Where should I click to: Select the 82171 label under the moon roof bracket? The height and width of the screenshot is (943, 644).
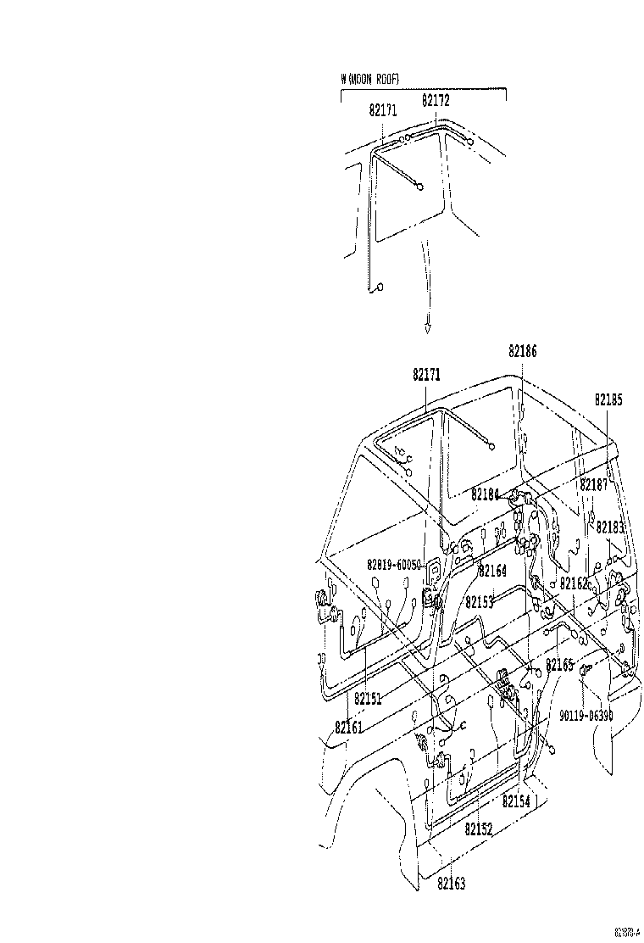[383, 110]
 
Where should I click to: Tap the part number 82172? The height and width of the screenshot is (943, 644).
[436, 100]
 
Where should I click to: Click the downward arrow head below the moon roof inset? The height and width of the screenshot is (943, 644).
[428, 328]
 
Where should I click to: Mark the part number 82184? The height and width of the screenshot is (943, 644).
[486, 494]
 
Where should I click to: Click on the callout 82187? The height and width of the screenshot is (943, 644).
[594, 484]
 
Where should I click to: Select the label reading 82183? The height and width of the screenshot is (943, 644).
[609, 527]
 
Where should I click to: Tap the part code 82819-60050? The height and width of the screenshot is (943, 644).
[394, 564]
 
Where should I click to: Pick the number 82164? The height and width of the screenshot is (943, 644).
[492, 571]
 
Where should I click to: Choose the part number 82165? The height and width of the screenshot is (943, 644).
[559, 665]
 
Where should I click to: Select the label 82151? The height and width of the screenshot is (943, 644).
[368, 699]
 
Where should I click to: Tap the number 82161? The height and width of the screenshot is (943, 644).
[348, 727]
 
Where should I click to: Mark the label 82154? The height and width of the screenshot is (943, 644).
[516, 801]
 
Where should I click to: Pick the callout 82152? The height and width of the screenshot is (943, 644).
[479, 830]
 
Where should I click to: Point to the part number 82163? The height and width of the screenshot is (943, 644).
[452, 883]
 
